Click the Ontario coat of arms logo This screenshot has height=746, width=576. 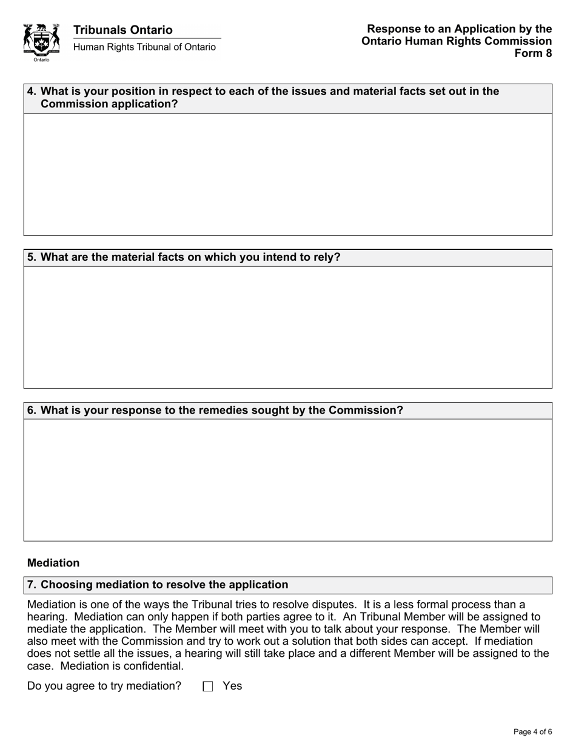[x=41, y=42]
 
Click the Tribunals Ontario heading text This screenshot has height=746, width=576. [x=122, y=30]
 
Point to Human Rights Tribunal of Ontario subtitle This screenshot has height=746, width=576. [x=144, y=47]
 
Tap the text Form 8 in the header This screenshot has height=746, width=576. [x=533, y=53]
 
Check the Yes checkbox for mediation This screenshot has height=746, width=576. [x=209, y=687]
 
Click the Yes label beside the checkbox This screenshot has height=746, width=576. [x=232, y=686]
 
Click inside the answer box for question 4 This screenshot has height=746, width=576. [x=287, y=174]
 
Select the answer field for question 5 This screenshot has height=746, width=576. [x=287, y=327]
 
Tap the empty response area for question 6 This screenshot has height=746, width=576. [x=287, y=480]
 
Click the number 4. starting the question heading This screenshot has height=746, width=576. [x=32, y=92]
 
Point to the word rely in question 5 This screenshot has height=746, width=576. [x=324, y=257]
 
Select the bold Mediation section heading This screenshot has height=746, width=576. [x=53, y=563]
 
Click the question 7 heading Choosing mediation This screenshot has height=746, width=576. [x=164, y=585]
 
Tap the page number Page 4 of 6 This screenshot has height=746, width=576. [x=532, y=731]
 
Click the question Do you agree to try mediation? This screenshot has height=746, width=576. [x=104, y=686]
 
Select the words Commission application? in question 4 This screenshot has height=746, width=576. [x=109, y=104]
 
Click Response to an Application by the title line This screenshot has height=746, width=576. [x=459, y=29]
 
